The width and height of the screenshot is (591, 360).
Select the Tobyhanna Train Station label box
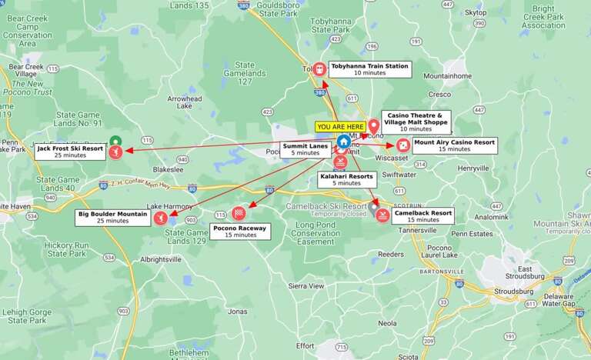pyautogui.click(x=369, y=69)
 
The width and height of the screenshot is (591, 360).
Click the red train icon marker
pyautogui.click(x=319, y=68)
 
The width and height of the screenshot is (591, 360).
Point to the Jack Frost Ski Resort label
pyautogui.click(x=70, y=151)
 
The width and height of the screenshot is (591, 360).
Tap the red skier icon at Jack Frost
pyautogui.click(x=115, y=152)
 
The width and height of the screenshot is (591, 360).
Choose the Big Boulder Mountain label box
pyautogui.click(x=113, y=217)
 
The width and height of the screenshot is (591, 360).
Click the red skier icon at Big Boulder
pyautogui.click(x=161, y=218)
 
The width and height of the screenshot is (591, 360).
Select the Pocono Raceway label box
pyautogui.click(x=240, y=231)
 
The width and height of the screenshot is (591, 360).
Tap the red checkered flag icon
pyautogui.click(x=239, y=213)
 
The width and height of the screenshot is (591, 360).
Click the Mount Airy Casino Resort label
pyautogui.click(x=454, y=145)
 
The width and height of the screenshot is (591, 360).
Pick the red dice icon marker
pyautogui.click(x=402, y=145)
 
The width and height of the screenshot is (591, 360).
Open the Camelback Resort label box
pyautogui.click(x=422, y=215)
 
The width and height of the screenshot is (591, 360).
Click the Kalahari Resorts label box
pyautogui.click(x=346, y=179)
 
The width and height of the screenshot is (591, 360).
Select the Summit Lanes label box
pyautogui.click(x=305, y=148)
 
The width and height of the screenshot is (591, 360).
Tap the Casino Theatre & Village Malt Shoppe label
pyautogui.click(x=416, y=122)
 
